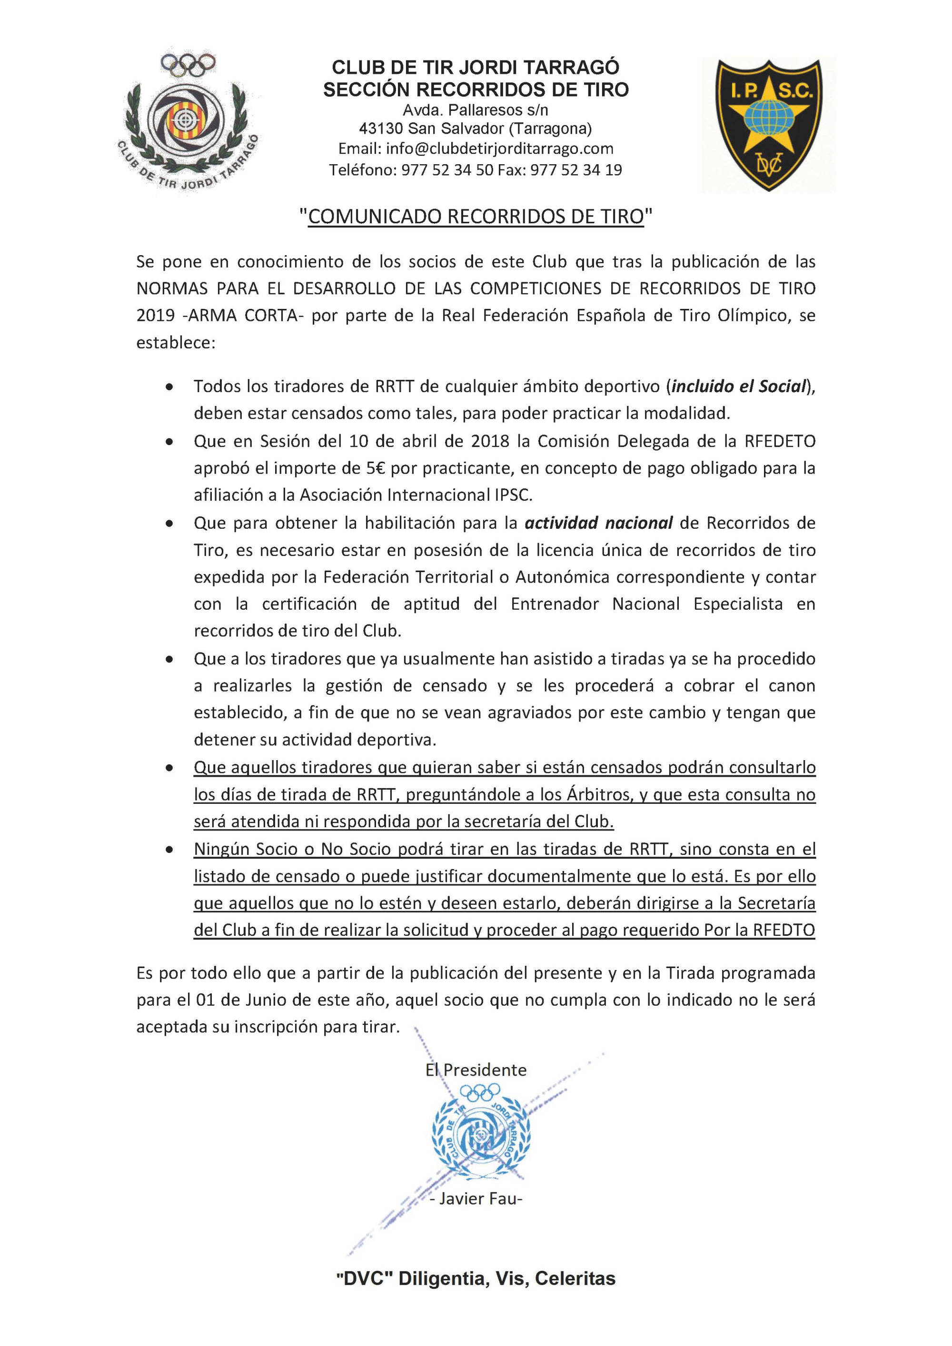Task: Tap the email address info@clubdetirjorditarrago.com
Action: pos(476,149)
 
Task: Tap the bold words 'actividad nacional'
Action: pos(598,522)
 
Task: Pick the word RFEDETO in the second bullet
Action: pos(780,441)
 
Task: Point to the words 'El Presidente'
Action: pos(476,1070)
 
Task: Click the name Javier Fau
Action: pos(476,1199)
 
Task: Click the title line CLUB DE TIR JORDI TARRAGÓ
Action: pos(476,68)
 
